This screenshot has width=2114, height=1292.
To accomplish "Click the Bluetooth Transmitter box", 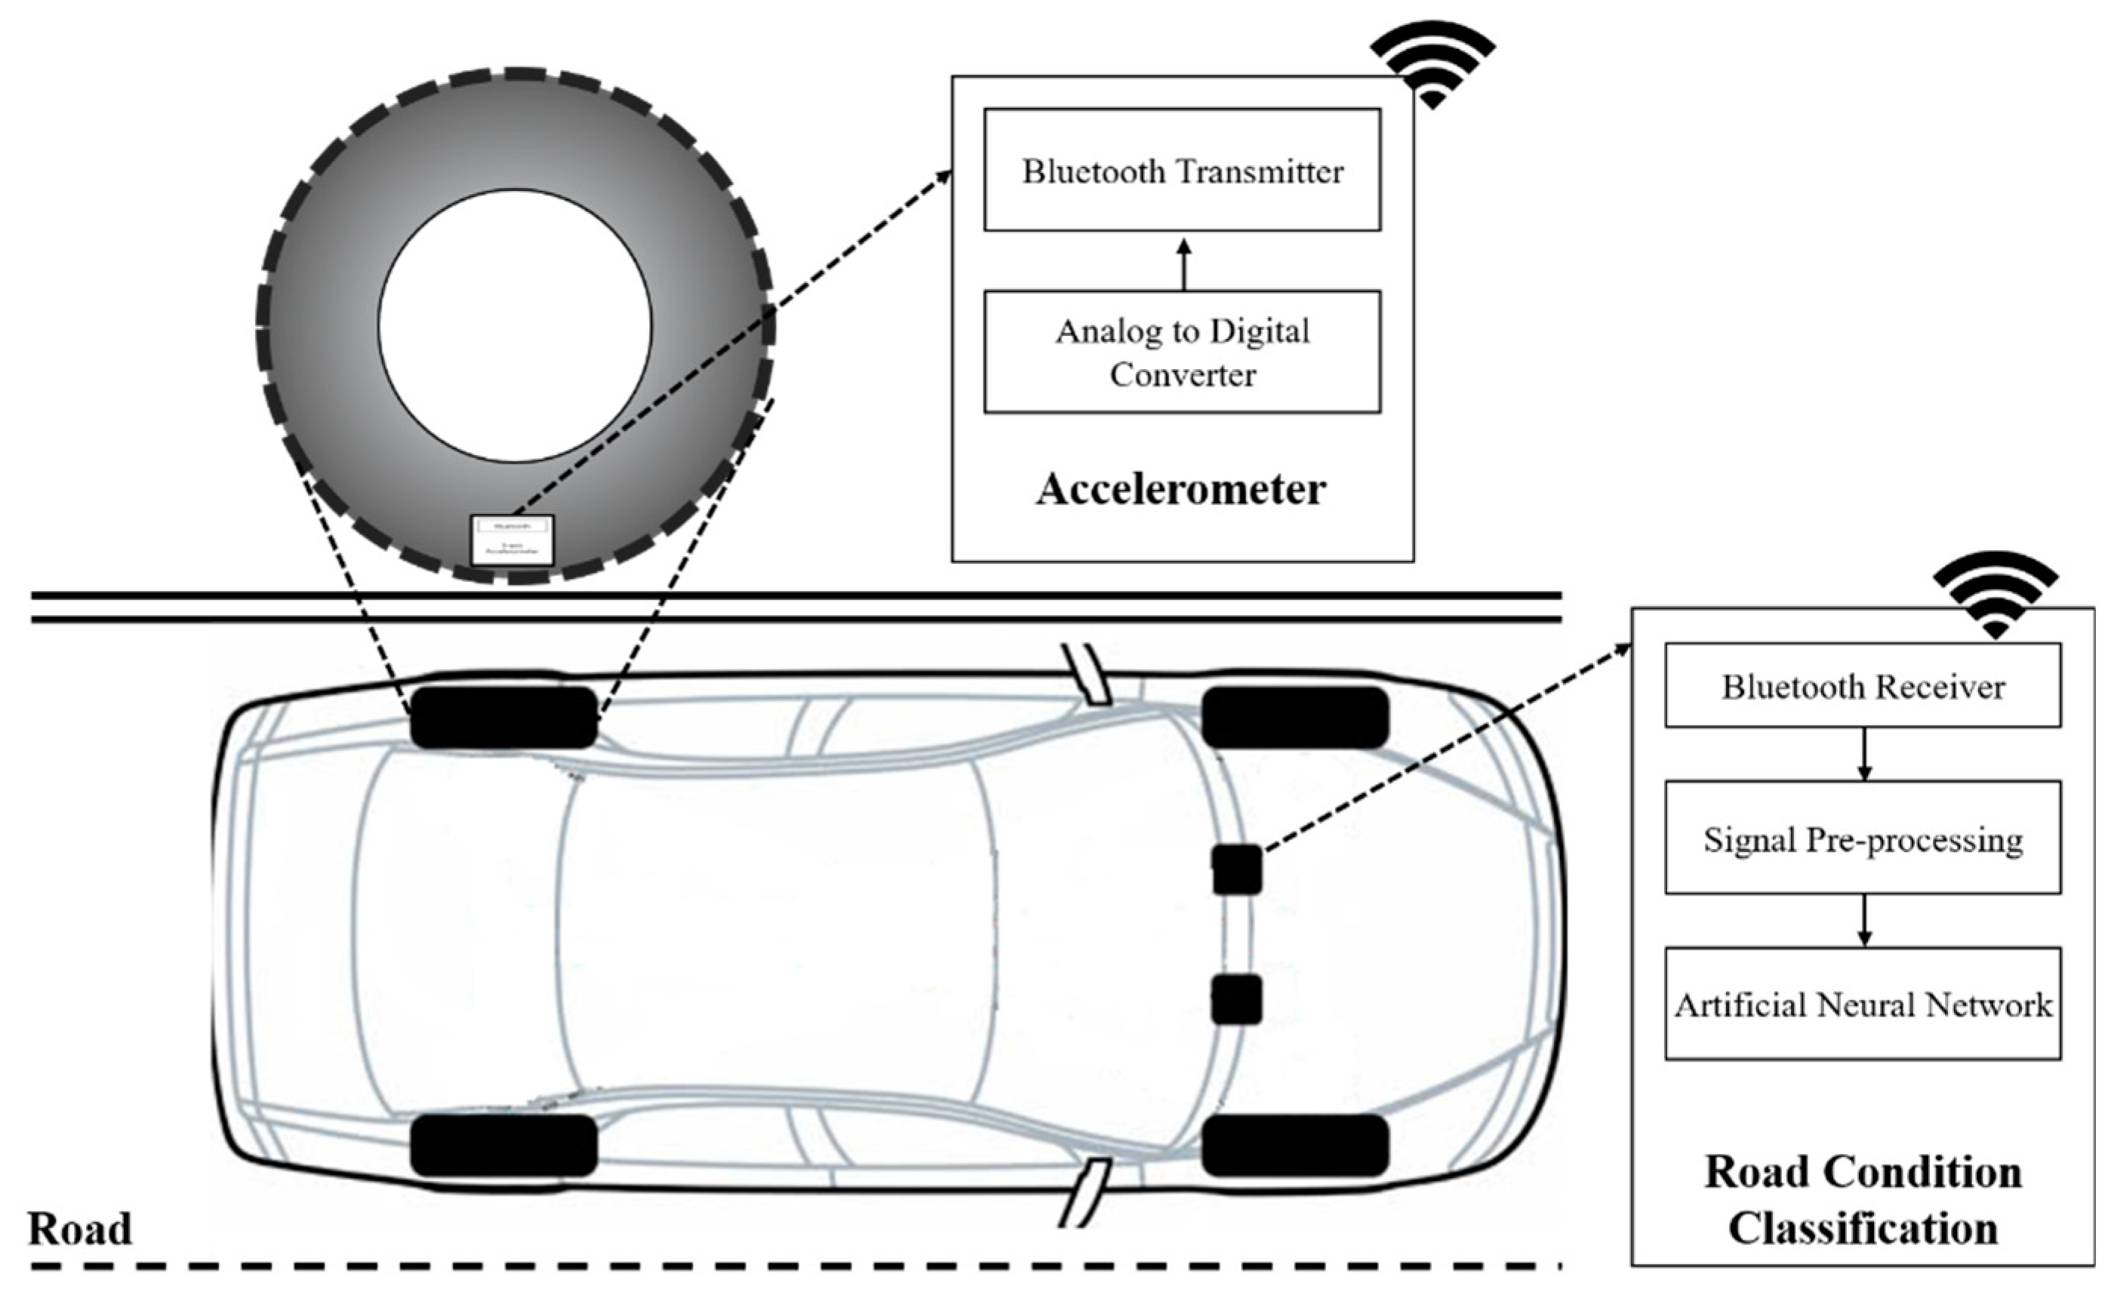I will click(x=1181, y=170).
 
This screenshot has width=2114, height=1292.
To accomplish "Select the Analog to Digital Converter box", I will click(x=1181, y=352).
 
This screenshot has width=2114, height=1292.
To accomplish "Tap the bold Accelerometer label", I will click(x=1181, y=490).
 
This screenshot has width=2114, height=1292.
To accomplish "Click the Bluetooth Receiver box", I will click(x=1863, y=686).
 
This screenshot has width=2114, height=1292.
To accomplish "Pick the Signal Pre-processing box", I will click(x=1863, y=839).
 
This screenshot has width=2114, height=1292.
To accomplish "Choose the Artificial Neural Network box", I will click(x=1863, y=1004).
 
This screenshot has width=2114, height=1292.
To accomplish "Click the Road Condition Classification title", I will click(x=1863, y=1199).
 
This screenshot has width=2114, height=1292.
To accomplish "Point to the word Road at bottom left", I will click(x=80, y=1229).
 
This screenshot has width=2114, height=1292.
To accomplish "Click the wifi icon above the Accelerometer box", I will click(x=1432, y=64).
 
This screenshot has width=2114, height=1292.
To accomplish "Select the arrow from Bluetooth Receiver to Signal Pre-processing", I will click(x=1863, y=754).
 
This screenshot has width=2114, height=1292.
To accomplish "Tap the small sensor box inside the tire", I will click(x=512, y=540).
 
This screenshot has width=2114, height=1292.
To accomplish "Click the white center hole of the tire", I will click(x=515, y=326).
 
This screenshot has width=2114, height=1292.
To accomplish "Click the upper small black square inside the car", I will click(x=1236, y=869).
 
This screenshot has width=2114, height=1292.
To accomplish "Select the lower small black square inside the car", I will click(x=1236, y=998).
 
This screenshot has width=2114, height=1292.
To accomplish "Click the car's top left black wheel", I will click(x=503, y=717).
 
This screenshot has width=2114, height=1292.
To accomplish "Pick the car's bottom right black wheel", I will click(x=1294, y=1146).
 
